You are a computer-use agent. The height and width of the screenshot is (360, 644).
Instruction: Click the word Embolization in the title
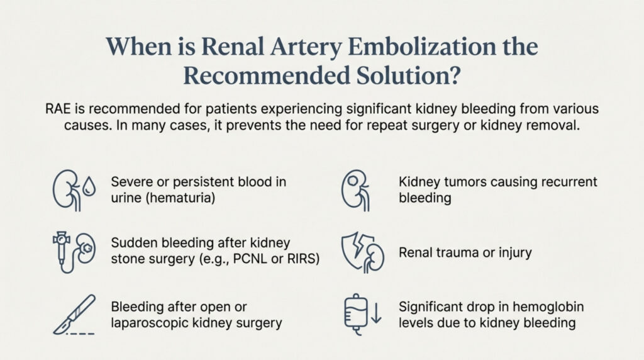coord(422,47)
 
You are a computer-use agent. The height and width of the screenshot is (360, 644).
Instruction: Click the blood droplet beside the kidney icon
coord(89,186)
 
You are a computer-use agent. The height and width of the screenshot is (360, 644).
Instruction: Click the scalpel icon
coord(74,314)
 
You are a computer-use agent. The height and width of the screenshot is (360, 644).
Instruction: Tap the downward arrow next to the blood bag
coord(376,312)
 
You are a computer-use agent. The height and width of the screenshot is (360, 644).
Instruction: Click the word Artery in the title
coord(306,47)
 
